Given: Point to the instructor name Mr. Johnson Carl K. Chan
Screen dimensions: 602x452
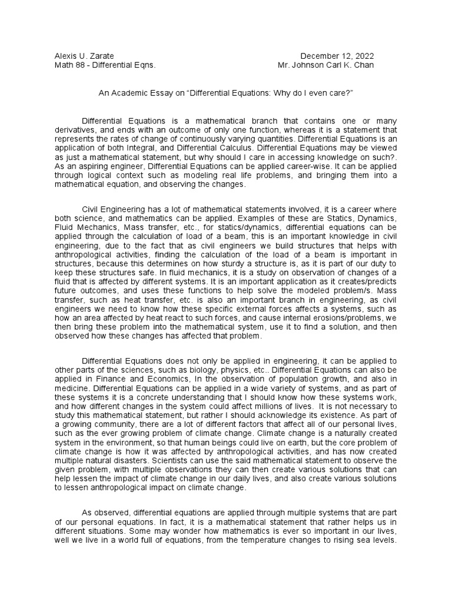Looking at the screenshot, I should point(325,65).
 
